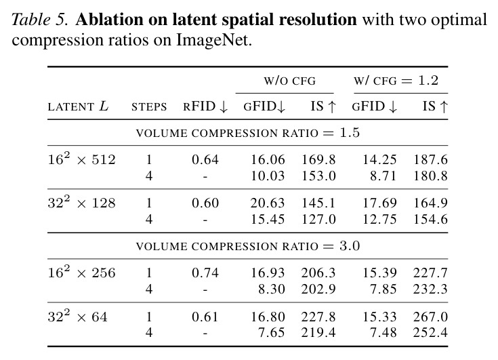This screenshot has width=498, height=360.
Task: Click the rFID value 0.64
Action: [205, 159]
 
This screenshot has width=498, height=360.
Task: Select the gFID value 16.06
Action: [268, 159]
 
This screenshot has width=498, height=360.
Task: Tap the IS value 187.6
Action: [430, 159]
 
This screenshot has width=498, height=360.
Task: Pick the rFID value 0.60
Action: [205, 203]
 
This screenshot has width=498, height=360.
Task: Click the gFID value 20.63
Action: [268, 203]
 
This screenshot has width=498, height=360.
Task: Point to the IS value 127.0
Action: [318, 219]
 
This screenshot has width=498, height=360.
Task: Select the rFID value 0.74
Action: [205, 273]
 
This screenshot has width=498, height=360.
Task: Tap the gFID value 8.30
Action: [272, 289]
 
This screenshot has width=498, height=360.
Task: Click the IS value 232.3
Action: [430, 289]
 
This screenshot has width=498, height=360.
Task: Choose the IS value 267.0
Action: [430, 317]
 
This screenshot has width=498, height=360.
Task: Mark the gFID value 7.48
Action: [383, 332]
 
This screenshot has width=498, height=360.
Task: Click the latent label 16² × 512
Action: [81, 158]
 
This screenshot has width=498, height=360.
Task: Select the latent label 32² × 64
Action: [77, 316]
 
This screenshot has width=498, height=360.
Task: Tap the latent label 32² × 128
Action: [81, 202]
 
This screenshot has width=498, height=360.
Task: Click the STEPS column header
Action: [149, 106]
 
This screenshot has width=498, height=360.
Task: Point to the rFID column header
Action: [205, 106]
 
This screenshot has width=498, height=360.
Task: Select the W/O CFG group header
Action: [290, 81]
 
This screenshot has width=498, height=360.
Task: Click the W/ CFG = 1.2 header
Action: [396, 81]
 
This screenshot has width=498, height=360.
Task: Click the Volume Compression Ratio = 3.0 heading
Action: [248, 246]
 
